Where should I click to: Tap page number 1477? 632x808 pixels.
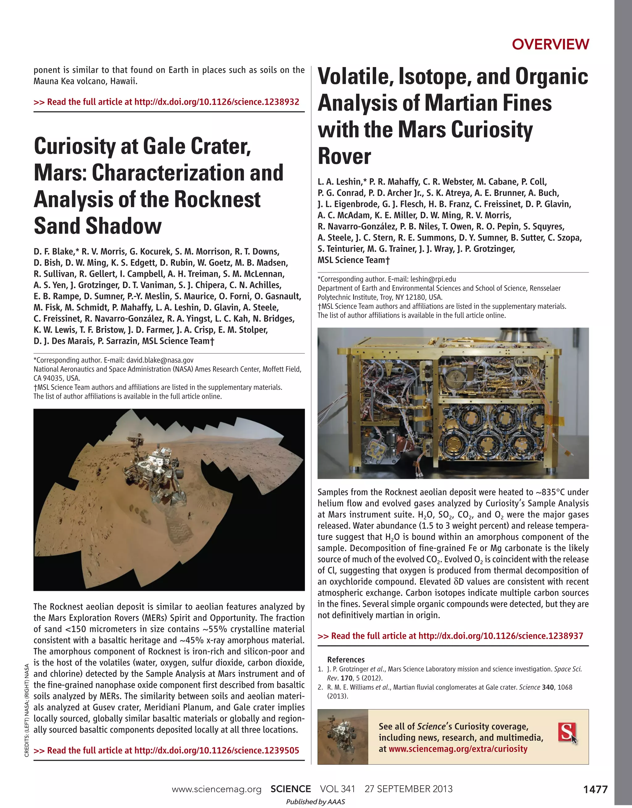click(x=595, y=789)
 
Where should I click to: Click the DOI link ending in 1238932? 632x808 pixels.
click(x=216, y=102)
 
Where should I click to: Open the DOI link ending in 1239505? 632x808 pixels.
click(x=216, y=751)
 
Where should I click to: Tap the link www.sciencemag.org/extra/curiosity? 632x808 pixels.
click(x=458, y=749)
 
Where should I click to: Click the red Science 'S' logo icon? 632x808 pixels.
click(x=567, y=732)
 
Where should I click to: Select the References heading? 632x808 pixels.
click(x=346, y=659)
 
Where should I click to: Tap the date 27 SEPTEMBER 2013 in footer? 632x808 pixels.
click(x=409, y=789)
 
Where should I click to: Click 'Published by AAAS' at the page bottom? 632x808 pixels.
click(x=315, y=802)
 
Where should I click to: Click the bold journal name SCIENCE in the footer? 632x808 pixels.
click(x=290, y=789)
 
